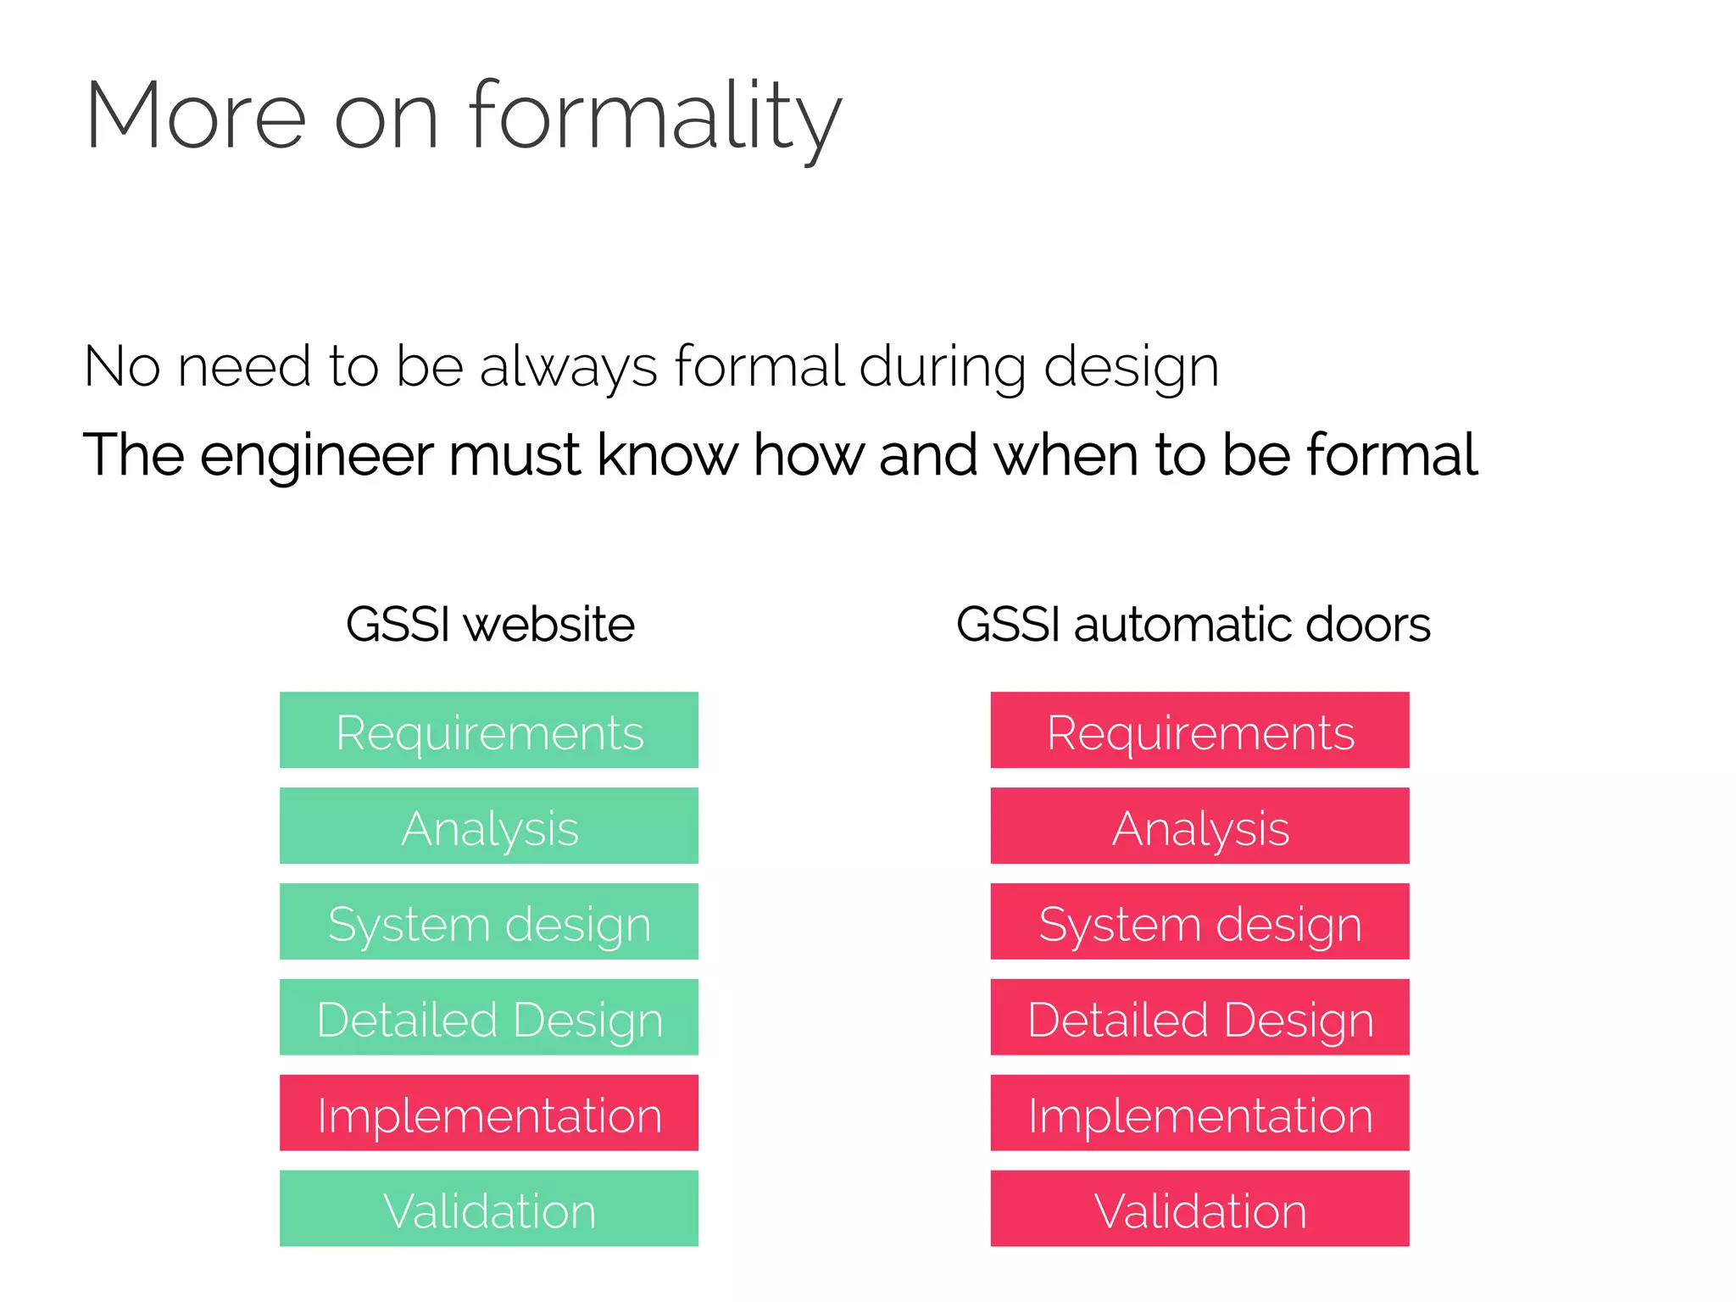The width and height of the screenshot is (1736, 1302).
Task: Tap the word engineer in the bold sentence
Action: [x=318, y=455]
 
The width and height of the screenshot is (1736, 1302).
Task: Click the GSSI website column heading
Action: [x=490, y=625]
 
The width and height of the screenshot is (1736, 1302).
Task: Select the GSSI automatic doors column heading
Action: [x=1193, y=625]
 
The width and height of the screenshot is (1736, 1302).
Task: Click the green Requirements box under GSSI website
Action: [x=489, y=731]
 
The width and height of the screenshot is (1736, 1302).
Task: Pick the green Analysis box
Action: [x=489, y=826]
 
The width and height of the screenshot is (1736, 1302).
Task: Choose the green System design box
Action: [x=489, y=922]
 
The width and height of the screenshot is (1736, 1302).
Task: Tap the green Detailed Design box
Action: [x=489, y=1018]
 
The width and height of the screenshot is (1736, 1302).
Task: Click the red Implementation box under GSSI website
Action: [x=489, y=1114]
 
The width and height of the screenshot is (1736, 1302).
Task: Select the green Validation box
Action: [x=489, y=1210]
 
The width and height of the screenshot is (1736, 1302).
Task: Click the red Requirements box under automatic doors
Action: [x=1199, y=731]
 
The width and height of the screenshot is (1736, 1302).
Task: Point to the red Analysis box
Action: [x=1199, y=826]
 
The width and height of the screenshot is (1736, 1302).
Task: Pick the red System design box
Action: [x=1199, y=922]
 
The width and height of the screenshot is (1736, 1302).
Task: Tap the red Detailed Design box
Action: [x=1199, y=1018]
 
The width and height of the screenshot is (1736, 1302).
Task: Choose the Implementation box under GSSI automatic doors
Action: [x=1199, y=1114]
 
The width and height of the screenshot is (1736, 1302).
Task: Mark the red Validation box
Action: [x=1199, y=1210]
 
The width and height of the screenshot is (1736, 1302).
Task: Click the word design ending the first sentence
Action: [x=1131, y=369]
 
